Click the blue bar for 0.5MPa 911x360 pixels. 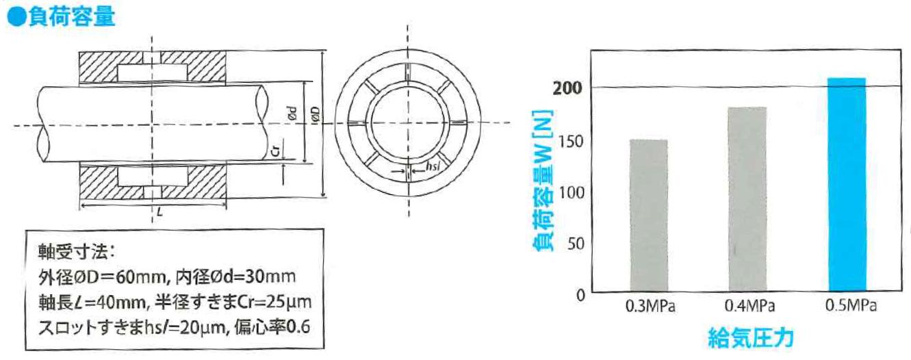pyautogui.click(x=847, y=184)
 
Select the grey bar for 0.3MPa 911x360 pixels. pyautogui.click(x=649, y=216)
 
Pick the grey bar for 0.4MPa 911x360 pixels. pyautogui.click(x=748, y=199)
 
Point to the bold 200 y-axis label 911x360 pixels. pyautogui.click(x=567, y=88)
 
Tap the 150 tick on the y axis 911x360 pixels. pyautogui.click(x=572, y=142)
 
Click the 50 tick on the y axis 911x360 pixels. pyautogui.click(x=576, y=244)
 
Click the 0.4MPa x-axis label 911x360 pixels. pyautogui.click(x=750, y=306)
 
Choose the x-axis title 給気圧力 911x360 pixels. pyautogui.click(x=751, y=337)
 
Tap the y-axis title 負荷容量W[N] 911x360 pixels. pyautogui.click(x=543, y=180)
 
